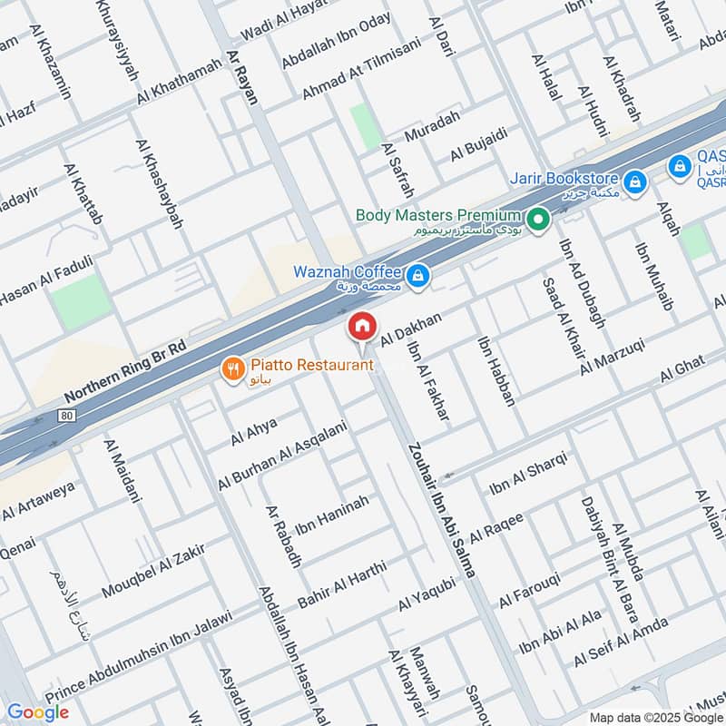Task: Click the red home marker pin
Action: click(x=361, y=327)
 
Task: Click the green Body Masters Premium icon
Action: click(x=539, y=218)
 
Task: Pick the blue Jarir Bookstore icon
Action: click(x=634, y=181)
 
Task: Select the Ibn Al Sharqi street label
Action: click(x=528, y=474)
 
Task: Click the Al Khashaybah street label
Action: click(x=159, y=184)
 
